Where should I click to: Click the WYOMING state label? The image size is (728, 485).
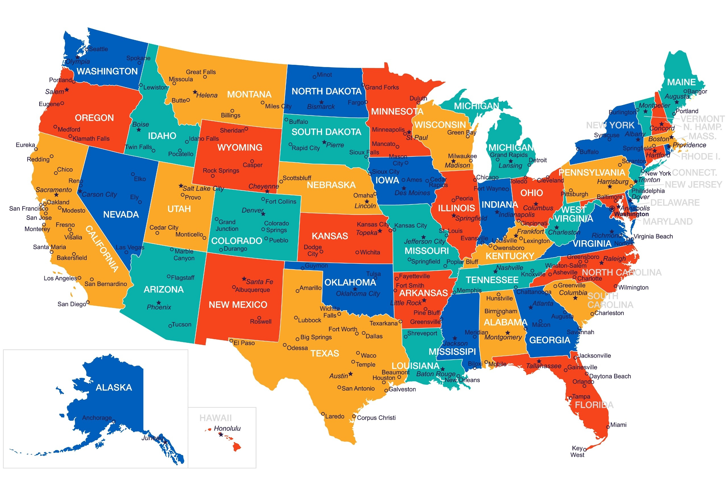[239, 148]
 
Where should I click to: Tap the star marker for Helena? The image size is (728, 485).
[195, 92]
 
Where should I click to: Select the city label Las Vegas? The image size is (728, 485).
[130, 247]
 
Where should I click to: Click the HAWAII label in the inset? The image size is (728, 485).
[215, 418]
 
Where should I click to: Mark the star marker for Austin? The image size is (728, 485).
[351, 374]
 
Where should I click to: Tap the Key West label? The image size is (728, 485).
[577, 451]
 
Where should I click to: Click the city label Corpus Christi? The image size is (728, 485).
[376, 418]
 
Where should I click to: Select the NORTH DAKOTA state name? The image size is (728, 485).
[326, 92]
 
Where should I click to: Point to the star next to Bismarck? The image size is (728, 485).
[321, 102]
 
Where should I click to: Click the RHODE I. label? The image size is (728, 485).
[700, 157]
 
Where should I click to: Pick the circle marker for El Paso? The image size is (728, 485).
[231, 341]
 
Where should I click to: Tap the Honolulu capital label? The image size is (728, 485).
[227, 429]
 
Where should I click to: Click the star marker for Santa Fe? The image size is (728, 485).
[244, 279]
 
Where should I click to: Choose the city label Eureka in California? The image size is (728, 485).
[25, 145]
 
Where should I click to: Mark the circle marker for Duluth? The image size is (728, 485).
[418, 103]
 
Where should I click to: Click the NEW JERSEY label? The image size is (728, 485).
[693, 185]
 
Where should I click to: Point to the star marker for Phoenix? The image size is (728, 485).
[159, 302]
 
